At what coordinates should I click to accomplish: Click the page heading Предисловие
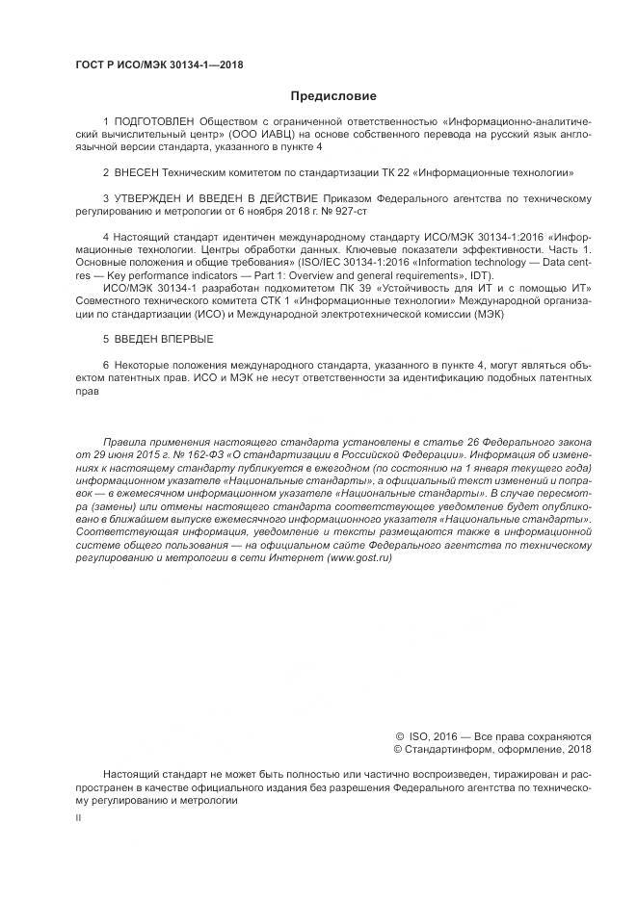pyautogui.click(x=333, y=96)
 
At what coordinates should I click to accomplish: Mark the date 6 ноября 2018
pyautogui.click(x=277, y=211)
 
